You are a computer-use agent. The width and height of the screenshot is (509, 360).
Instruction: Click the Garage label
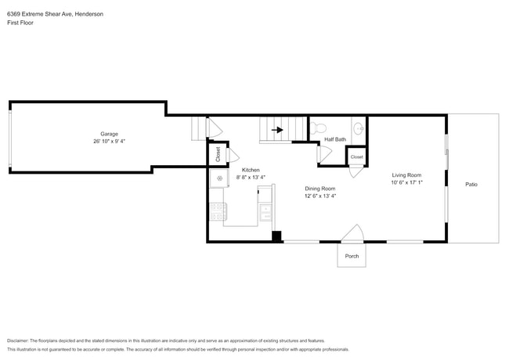108,134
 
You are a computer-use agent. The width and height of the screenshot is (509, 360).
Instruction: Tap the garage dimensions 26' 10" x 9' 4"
108,142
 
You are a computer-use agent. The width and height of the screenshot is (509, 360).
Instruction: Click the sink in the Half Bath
358,129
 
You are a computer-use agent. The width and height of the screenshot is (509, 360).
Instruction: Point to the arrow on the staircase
276,130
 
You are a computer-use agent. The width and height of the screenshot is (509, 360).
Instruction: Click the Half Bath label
335,140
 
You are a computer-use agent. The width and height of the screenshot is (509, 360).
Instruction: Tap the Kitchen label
251,170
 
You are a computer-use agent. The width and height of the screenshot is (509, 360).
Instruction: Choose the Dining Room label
320,189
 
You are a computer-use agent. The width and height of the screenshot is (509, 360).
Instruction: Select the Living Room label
406,175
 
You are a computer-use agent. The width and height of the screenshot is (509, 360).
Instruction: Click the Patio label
471,185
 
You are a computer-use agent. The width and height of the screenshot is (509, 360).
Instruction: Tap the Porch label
352,256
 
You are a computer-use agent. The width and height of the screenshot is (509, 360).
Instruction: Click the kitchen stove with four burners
218,211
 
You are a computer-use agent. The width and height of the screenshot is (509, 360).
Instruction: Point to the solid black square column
276,236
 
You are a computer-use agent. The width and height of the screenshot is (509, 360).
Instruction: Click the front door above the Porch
352,234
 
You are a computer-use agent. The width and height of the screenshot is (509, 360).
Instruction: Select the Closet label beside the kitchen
218,154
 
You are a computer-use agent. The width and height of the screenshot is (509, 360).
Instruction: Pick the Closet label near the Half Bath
356,157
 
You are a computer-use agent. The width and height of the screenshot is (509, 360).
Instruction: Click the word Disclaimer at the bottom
21,341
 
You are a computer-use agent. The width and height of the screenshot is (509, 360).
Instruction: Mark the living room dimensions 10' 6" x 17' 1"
406,183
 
